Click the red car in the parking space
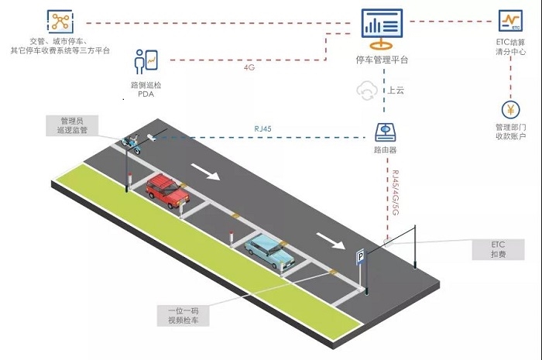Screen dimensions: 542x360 [x=168, y=190]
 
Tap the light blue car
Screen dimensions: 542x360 [x=269, y=251]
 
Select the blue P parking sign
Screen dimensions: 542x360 [x=361, y=257]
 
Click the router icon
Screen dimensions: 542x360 [x=385, y=132]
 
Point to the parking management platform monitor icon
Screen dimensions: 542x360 [x=382, y=29]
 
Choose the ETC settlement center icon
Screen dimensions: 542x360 [x=510, y=21]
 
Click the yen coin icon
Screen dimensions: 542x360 [x=510, y=109]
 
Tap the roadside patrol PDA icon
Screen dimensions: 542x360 [x=146, y=62]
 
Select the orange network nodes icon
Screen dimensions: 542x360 [x=60, y=22]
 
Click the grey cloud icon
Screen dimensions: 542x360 [x=367, y=91]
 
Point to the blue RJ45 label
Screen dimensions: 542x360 [x=262, y=129]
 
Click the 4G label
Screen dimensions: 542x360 [x=249, y=67]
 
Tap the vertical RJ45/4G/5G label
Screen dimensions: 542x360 [x=396, y=193]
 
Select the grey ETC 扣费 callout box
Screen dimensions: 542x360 [x=498, y=249]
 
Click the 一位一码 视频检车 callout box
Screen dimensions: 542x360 [x=184, y=315]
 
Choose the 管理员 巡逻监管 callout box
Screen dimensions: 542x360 [x=72, y=125]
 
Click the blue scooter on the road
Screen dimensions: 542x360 [x=132, y=144]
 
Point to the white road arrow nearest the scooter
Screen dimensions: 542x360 [x=205, y=172]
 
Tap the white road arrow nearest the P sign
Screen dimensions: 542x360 [x=331, y=241]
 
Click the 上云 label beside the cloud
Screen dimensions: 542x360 [x=396, y=91]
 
